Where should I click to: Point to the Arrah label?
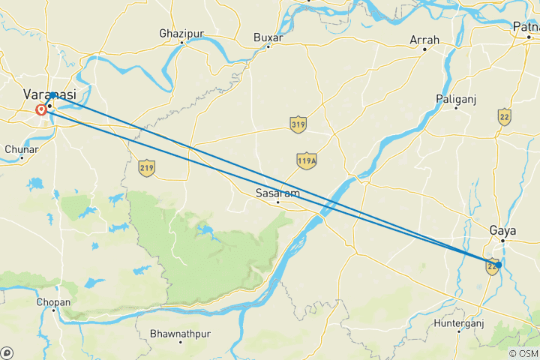pyautogui.click(x=424, y=40)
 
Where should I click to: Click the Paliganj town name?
pyautogui.click(x=456, y=99)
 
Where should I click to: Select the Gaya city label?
pyautogui.click(x=502, y=230)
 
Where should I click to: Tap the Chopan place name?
pyautogui.click(x=52, y=303)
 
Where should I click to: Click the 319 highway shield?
pyautogui.click(x=298, y=125)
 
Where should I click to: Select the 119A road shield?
pyautogui.click(x=305, y=160)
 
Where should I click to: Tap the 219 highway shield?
pyautogui.click(x=146, y=169)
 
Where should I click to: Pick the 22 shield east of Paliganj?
pyautogui.click(x=505, y=116)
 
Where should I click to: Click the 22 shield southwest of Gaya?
pyautogui.click(x=493, y=265)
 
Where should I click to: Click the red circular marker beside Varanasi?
pyautogui.click(x=40, y=110)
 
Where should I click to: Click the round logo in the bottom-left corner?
pyautogui.click(x=7, y=352)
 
